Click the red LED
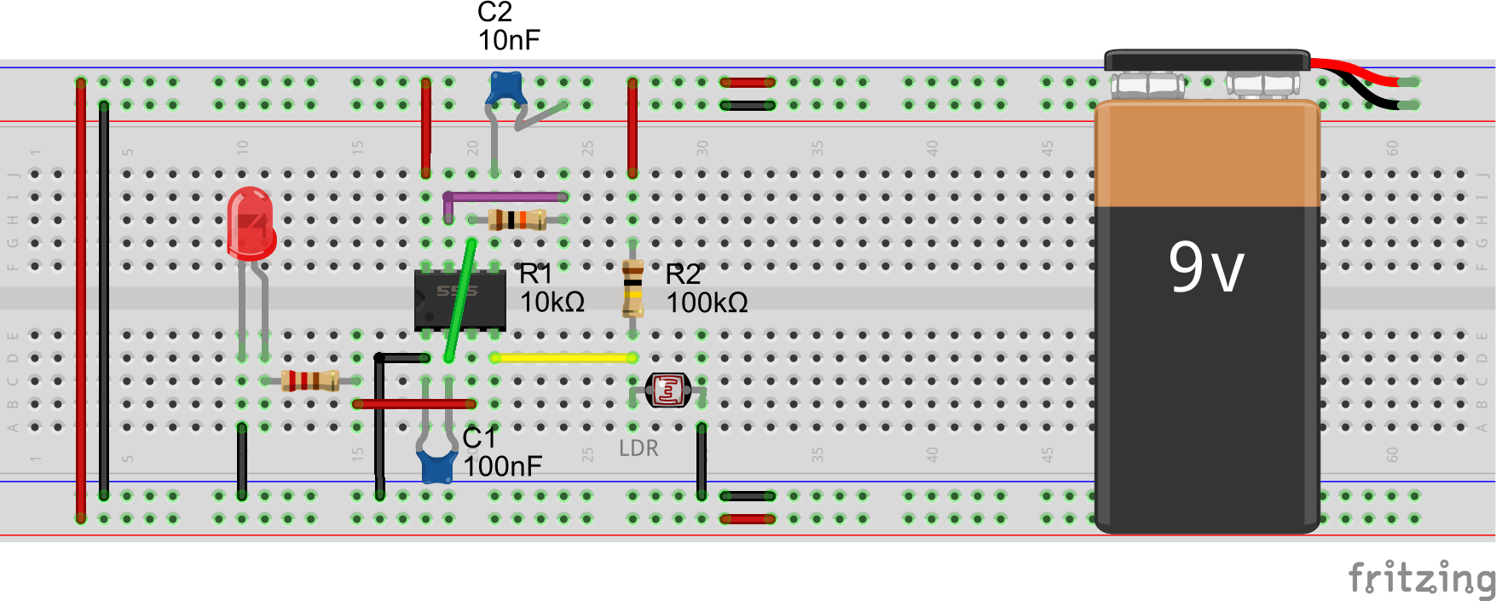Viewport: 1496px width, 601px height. pos(251,223)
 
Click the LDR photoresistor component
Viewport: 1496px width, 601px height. pos(667,390)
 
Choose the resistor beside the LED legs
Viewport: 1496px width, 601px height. pos(310,380)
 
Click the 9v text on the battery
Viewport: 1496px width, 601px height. pos(1206,267)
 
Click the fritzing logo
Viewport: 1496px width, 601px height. pos(1420,578)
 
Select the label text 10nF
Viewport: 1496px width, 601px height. pos(509,40)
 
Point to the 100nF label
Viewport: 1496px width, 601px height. pos(503,466)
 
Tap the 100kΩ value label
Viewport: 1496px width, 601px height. pos(707,303)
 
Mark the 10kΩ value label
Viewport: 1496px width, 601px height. pos(552,302)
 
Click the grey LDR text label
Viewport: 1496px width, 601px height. pos(638,448)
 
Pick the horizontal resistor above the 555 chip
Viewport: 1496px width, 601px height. pos(517,220)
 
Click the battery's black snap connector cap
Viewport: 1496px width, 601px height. pos(1207,61)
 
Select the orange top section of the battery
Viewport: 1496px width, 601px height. pos(1207,153)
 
